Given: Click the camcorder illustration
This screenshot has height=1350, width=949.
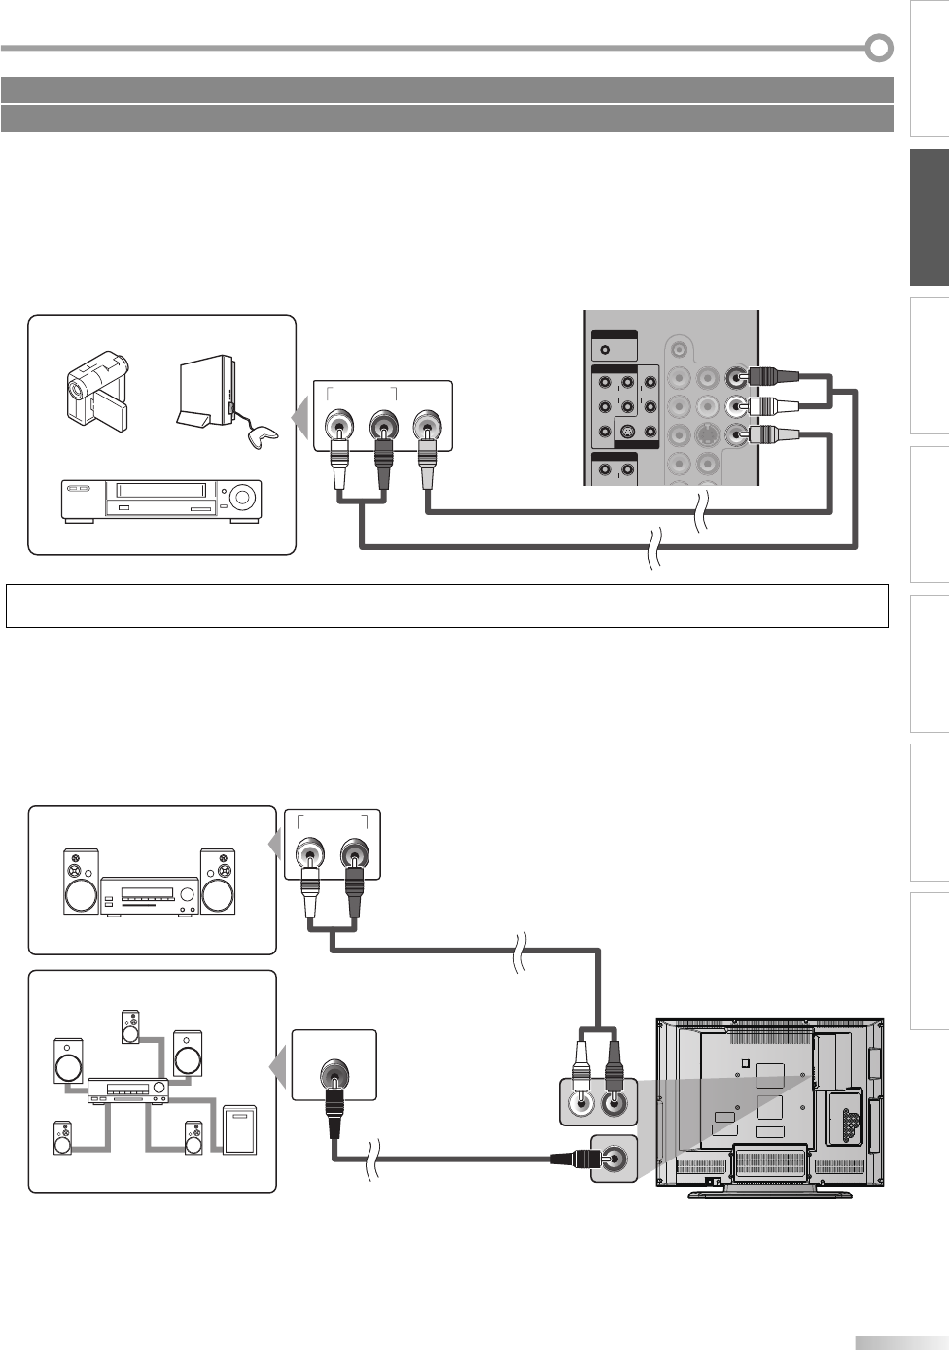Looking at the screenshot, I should (96, 393).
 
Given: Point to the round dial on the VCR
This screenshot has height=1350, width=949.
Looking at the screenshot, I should (243, 500).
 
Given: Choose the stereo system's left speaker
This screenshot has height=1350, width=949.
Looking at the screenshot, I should (81, 883).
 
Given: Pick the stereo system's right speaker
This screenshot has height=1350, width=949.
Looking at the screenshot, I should (217, 883).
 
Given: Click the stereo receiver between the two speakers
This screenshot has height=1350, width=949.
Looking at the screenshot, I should (149, 895).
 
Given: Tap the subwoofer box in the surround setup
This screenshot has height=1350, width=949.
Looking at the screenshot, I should (239, 1129).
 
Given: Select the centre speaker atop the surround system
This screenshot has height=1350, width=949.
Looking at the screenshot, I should (130, 1027).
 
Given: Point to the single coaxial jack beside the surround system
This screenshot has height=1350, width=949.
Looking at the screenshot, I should (334, 1077).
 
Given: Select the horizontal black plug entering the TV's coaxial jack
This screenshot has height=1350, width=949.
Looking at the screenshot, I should (575, 1159).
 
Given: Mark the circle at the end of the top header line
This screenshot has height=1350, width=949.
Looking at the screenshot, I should (879, 47).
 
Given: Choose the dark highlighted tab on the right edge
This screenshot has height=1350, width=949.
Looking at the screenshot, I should (930, 219).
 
